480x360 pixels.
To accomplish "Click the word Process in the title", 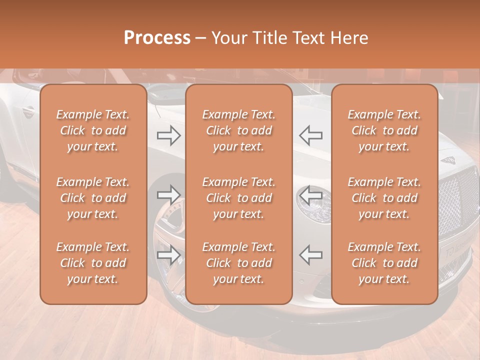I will [x=157, y=37].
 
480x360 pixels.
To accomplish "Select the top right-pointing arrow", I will [x=169, y=135].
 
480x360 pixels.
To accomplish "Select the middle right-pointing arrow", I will [x=169, y=194].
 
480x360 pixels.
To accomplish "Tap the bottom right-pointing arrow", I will [x=169, y=255].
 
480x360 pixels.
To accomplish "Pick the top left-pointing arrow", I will [x=310, y=135].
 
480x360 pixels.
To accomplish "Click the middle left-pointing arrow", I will [x=310, y=194].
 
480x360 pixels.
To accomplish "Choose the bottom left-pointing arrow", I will [x=310, y=255].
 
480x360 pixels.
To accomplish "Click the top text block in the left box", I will [x=93, y=130].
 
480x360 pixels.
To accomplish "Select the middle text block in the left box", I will [x=93, y=198].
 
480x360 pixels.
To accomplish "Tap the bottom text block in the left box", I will [x=93, y=263].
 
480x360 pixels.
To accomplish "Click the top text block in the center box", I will [x=238, y=130].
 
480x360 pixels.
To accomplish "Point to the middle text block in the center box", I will [x=238, y=198].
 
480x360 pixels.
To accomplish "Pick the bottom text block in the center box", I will [x=238, y=263].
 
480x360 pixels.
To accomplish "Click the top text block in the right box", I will [x=384, y=130].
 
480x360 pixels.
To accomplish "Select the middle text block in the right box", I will [x=384, y=198].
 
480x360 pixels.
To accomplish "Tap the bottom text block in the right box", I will [x=384, y=263].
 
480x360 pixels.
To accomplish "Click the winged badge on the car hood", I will [x=449, y=160].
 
